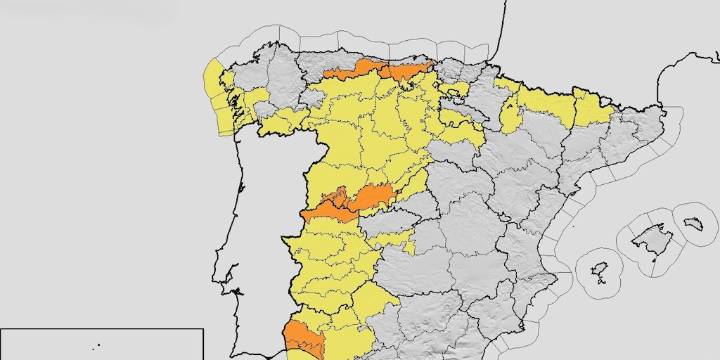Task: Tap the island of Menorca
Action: [x=691, y=218]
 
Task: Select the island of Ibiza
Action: [x=601, y=272]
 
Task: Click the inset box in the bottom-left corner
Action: [x=100, y=344]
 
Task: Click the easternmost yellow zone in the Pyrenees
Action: [x=590, y=106]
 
